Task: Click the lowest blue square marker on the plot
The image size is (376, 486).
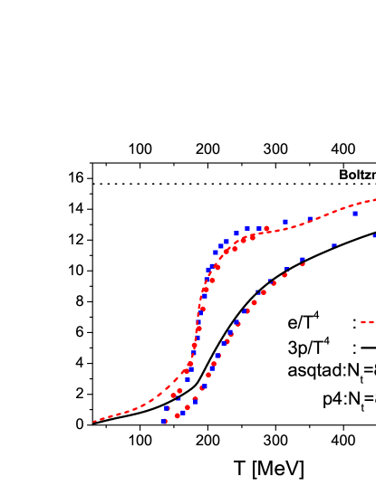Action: pos(164,422)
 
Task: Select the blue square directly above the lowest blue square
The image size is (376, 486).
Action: pos(167,408)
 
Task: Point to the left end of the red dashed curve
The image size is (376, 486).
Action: pos(94,421)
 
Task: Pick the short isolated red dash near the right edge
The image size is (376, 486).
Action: pos(366,322)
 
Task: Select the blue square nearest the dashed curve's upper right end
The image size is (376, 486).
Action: pos(356,214)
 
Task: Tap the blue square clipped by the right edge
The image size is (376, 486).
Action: pos(374,236)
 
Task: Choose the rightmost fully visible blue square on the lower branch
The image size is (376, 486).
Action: pos(333,245)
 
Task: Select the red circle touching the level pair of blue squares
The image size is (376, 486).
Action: pos(266,229)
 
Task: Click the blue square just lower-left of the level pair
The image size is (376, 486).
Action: pos(236,233)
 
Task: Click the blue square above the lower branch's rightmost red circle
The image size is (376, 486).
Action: pos(303,259)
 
